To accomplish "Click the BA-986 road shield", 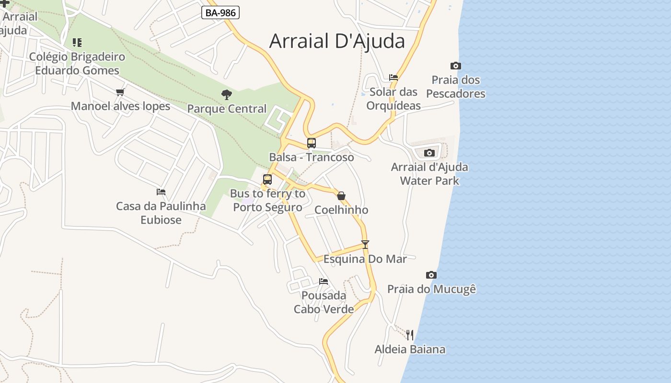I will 220,12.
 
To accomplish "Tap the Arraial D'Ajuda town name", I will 337,41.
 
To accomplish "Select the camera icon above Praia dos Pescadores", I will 455,66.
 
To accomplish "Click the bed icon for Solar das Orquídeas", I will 393,77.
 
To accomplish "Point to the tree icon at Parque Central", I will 227,94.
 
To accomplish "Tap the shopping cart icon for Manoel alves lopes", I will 120,92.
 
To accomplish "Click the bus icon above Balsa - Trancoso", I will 312,143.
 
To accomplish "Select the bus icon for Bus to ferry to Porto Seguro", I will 267,180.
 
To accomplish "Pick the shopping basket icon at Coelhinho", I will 341,196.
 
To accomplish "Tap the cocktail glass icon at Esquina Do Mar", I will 365,245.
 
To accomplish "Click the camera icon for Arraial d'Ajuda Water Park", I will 429,153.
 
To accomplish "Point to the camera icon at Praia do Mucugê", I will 431,275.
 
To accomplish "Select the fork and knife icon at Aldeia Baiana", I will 410,335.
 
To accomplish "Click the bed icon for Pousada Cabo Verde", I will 324,281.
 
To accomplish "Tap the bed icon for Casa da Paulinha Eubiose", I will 161,192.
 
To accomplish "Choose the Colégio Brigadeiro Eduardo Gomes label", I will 77,64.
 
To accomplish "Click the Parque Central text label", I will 227,109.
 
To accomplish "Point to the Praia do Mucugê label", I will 431,289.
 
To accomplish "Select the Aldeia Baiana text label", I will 410,349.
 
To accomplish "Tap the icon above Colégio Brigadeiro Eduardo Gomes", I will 77,43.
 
